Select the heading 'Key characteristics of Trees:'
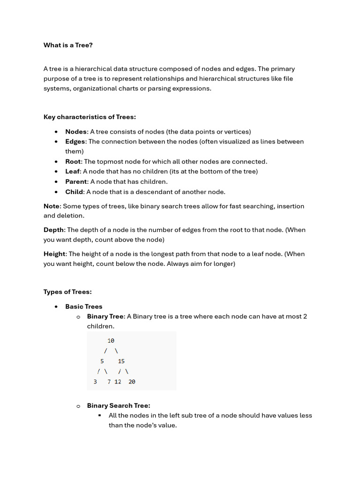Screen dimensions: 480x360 [x=90, y=117]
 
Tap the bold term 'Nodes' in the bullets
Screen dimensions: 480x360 [x=76, y=132]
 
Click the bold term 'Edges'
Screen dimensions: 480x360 [x=75, y=142]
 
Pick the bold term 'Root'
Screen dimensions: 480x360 [x=73, y=162]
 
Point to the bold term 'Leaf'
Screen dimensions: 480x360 [x=73, y=172]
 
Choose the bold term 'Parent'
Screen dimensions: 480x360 [x=76, y=182]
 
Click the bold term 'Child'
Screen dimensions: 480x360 [x=74, y=192]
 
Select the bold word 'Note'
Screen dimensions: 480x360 [x=52, y=206]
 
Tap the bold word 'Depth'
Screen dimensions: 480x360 [x=53, y=230]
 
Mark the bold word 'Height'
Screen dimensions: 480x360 [x=54, y=254]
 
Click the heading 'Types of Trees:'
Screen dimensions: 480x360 [x=67, y=292]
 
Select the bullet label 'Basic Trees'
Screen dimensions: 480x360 [x=83, y=307]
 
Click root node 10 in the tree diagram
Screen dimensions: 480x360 [x=111, y=341]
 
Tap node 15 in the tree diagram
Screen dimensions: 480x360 [x=121, y=361]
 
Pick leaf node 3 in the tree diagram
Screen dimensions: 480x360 [x=95, y=382]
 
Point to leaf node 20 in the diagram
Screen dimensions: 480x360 [x=132, y=382]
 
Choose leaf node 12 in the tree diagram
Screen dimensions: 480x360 [x=118, y=382]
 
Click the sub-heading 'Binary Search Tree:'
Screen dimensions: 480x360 [x=119, y=406]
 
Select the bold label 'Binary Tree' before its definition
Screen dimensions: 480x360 [x=105, y=317]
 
